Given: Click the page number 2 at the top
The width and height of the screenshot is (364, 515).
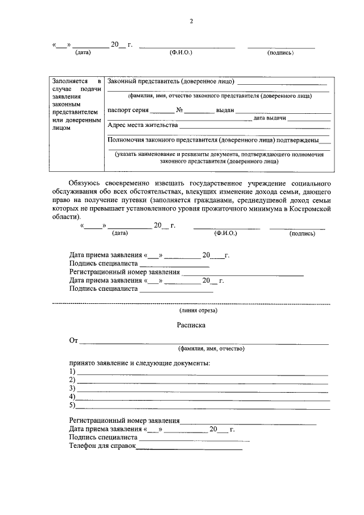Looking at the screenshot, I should (192, 22).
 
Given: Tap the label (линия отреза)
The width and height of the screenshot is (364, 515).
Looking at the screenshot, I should (197, 311).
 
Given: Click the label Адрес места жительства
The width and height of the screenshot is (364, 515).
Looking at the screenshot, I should (142, 125).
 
